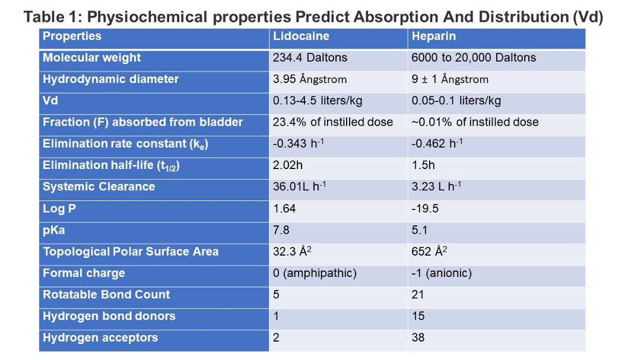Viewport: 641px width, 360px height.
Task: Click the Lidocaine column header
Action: tap(301, 36)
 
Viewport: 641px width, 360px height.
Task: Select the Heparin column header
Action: tap(433, 36)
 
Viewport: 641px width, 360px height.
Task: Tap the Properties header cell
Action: tap(72, 36)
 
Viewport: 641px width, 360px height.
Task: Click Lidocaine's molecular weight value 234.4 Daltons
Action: tap(310, 58)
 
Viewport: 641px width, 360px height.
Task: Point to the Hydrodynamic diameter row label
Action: tap(110, 79)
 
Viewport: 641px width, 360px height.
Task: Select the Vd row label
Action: tap(50, 100)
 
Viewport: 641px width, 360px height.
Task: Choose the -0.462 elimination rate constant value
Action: tap(437, 144)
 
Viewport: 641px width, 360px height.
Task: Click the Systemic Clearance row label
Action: tap(99, 187)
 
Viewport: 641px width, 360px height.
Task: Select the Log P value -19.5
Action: tap(425, 208)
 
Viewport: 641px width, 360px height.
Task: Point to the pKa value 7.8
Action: tap(281, 230)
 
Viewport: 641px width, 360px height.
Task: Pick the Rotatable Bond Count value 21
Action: tap(417, 295)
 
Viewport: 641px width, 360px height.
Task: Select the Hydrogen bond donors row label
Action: tap(109, 316)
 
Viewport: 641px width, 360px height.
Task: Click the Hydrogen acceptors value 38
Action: tap(418, 337)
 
